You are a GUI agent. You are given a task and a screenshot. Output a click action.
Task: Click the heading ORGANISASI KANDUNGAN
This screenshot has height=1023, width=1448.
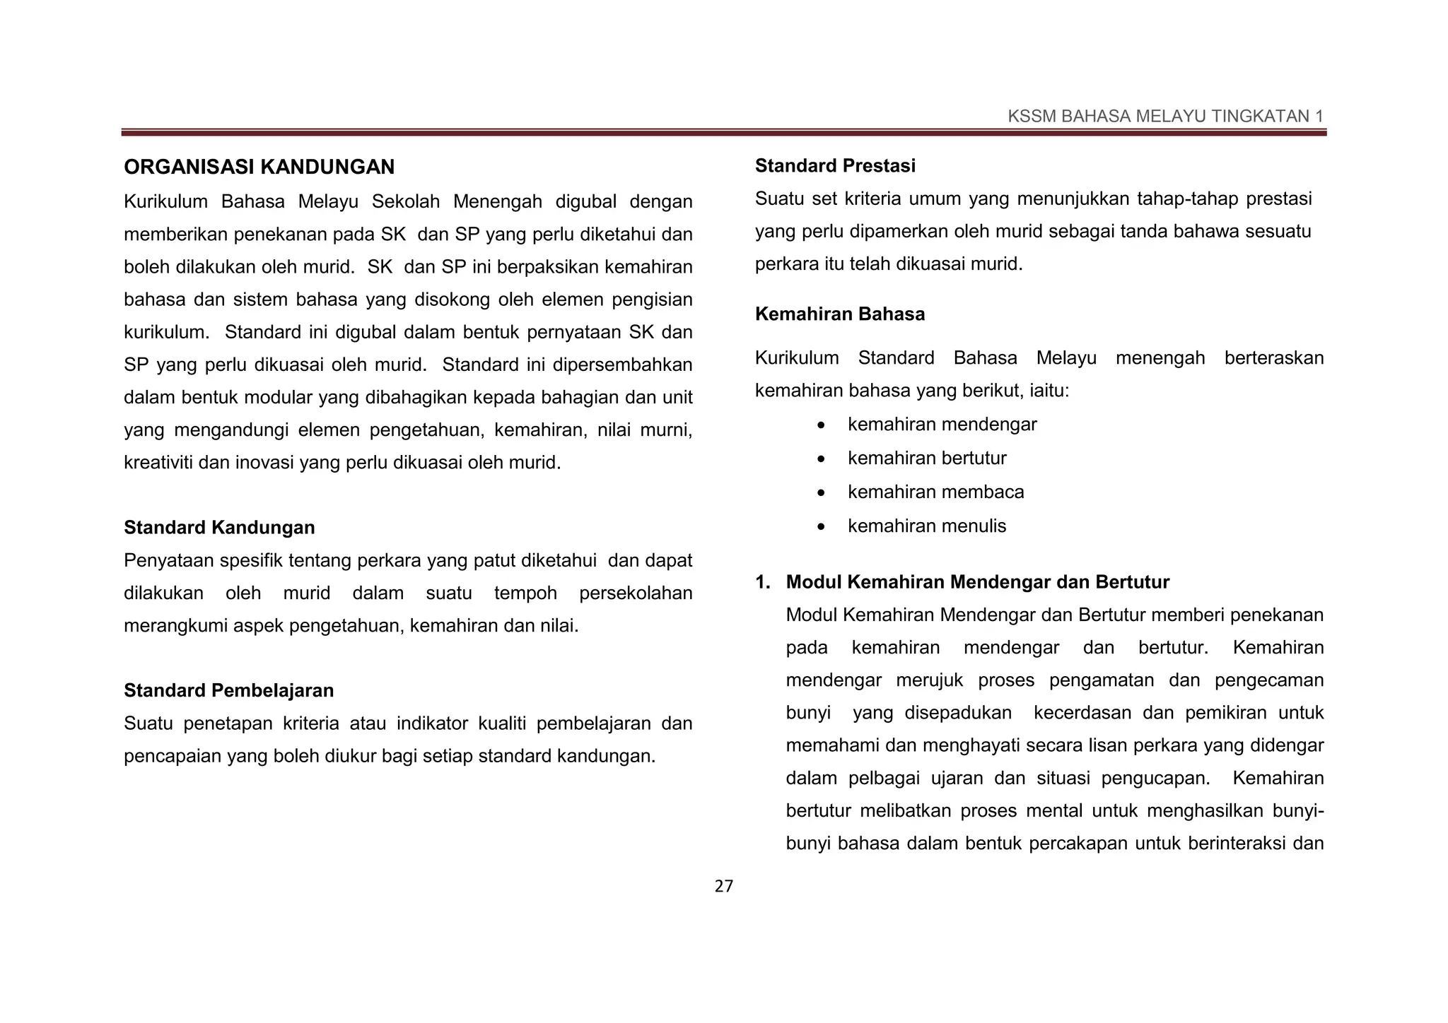259,167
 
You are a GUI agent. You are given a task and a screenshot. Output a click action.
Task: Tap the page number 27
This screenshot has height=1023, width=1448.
724,887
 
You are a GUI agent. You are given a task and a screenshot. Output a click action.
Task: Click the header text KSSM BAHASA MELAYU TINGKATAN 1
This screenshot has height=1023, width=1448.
1165,117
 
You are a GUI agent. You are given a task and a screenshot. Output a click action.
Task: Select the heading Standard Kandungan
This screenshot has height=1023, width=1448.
219,528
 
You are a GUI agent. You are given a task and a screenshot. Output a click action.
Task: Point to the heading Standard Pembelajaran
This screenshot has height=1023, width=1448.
228,690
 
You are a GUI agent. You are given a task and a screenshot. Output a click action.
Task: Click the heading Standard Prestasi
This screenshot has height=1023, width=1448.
834,166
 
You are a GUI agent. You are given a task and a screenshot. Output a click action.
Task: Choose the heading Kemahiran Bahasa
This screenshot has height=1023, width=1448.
839,314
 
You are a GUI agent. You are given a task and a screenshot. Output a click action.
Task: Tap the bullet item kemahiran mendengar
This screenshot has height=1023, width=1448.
942,425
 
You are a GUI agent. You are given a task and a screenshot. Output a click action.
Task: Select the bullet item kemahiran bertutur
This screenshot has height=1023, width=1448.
926,459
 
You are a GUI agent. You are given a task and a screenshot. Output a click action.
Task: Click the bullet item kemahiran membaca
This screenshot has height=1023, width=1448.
935,492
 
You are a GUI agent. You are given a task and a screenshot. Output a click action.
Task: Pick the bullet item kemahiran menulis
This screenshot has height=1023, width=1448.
926,526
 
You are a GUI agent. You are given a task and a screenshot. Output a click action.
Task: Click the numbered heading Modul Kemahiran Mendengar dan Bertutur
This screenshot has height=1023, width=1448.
977,582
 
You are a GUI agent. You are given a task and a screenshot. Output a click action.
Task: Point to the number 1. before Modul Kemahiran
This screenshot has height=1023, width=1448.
762,582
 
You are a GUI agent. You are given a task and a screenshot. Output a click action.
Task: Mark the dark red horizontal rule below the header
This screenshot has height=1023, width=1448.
724,132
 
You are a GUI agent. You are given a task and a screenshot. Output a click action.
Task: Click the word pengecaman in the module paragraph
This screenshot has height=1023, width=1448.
1268,680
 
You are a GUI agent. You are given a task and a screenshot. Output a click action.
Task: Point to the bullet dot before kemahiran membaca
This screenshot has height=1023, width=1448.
820,493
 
